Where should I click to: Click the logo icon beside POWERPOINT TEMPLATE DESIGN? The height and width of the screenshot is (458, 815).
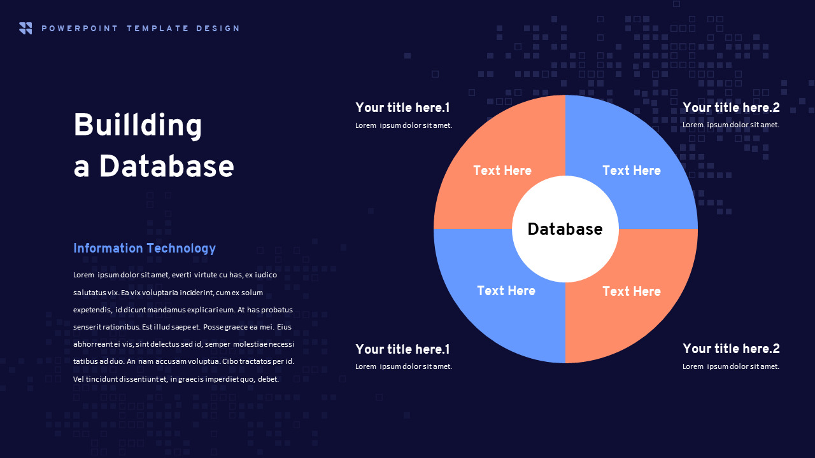(x=25, y=29)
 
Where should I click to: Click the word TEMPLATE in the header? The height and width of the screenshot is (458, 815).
(x=158, y=29)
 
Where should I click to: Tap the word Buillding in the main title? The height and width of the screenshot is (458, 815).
(x=138, y=125)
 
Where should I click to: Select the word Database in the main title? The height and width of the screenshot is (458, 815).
(x=167, y=166)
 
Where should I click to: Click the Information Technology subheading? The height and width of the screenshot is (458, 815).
(x=145, y=249)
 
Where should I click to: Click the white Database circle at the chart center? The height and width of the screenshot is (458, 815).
(x=565, y=229)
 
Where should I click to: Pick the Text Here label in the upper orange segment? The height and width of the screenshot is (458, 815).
(x=502, y=170)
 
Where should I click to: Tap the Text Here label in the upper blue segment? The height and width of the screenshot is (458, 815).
(x=632, y=170)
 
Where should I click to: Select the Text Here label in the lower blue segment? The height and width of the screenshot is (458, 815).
(x=506, y=291)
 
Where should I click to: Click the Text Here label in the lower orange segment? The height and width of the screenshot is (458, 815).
(x=632, y=291)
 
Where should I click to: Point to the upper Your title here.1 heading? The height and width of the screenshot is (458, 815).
(x=402, y=108)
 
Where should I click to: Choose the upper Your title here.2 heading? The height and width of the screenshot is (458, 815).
(x=731, y=108)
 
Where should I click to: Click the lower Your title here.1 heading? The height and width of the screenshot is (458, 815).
(x=402, y=349)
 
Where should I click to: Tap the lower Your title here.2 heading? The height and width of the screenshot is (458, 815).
(x=731, y=349)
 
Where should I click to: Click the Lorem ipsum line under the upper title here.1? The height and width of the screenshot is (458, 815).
(x=404, y=125)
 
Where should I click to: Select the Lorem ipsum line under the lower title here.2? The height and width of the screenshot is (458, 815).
(x=731, y=366)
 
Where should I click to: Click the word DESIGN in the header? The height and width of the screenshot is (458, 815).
(x=218, y=29)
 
